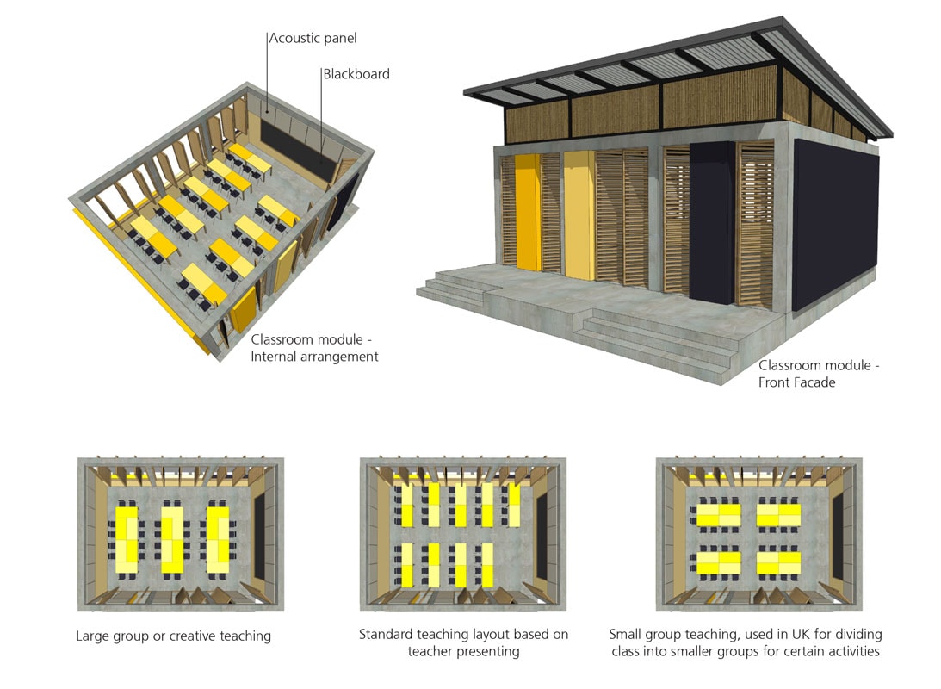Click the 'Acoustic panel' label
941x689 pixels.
[313, 38]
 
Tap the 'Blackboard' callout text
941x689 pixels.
[356, 74]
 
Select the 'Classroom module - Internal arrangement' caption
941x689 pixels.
[314, 348]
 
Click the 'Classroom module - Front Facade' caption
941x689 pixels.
[818, 374]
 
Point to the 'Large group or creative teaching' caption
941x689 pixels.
[173, 636]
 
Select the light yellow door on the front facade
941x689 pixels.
[579, 214]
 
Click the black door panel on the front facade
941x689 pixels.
[712, 222]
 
